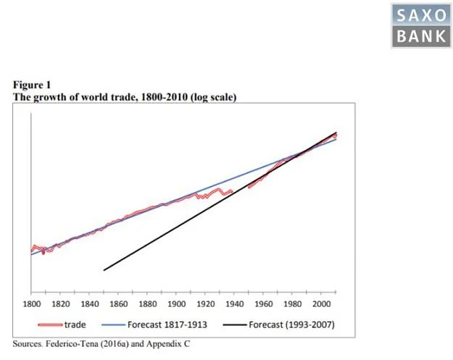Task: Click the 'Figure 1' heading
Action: tap(32, 85)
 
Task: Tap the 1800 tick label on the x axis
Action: tap(32, 304)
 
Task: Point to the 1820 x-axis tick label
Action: tap(61, 304)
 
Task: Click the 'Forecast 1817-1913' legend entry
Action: tap(167, 325)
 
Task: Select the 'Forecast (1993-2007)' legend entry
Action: tap(291, 325)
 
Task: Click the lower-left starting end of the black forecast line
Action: tap(105, 270)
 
